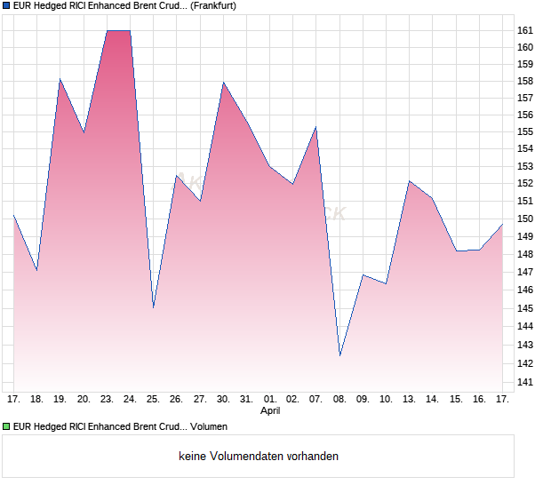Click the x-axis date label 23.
pos(107,399)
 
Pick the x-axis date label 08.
pos(339,399)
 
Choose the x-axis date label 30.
pos(223,399)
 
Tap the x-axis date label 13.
pos(410,399)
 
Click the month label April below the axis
pos(271,411)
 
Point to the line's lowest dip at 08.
pos(339,355)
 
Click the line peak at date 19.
pos(60,79)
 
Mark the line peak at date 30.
pos(223,83)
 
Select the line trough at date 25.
pos(153,307)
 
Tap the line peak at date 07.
pos(315,127)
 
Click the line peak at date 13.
pos(410,181)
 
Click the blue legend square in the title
pos(6,5)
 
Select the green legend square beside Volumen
pos(6,426)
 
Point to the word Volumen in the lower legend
pos(209,426)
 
